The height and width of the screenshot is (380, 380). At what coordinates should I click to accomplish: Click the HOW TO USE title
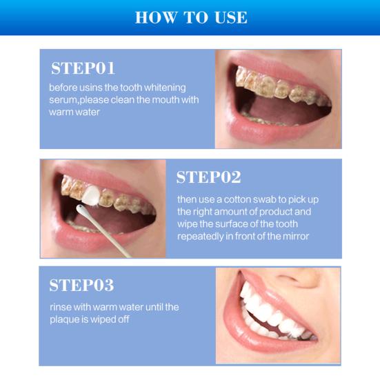pyautogui.click(x=190, y=17)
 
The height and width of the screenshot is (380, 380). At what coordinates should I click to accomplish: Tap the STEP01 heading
pyautogui.click(x=83, y=68)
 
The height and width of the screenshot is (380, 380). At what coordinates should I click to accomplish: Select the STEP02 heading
pyautogui.click(x=208, y=177)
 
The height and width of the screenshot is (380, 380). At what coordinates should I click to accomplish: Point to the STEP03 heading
pyautogui.click(x=81, y=285)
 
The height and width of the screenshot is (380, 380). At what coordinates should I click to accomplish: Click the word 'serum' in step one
pyautogui.click(x=63, y=100)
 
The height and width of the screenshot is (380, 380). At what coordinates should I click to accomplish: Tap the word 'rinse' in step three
pyautogui.click(x=60, y=307)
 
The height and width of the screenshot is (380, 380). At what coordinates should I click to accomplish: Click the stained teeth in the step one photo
pyautogui.click(x=276, y=83)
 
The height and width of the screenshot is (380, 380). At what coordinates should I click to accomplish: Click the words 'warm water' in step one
pyautogui.click(x=74, y=112)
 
